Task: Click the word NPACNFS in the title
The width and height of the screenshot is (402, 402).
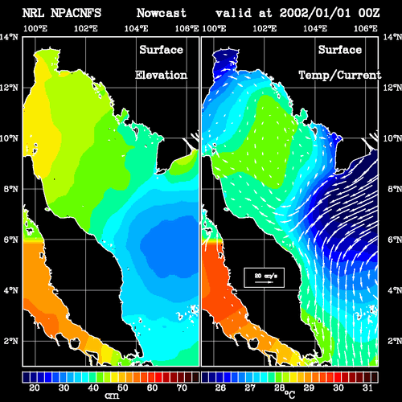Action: (x=76, y=13)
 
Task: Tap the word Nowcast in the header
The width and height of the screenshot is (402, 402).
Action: (x=162, y=13)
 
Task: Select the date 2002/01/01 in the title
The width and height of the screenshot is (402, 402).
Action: (x=315, y=13)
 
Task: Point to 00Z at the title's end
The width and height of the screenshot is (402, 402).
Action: (x=369, y=13)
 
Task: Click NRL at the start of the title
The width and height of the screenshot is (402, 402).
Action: (x=33, y=13)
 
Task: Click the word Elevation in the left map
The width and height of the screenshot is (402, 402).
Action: (x=161, y=75)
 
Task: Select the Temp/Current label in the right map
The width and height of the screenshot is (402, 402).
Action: (x=340, y=76)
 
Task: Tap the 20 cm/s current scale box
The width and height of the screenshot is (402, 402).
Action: (x=264, y=277)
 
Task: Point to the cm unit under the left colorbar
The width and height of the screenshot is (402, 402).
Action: (x=112, y=396)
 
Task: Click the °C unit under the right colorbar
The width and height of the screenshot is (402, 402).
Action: (x=289, y=395)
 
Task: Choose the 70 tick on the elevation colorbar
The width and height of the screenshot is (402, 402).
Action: (x=182, y=388)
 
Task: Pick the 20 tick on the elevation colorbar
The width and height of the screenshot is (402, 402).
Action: (x=35, y=388)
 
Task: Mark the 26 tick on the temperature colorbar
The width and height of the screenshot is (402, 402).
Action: (x=220, y=388)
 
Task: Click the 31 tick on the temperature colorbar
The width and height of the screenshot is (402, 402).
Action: (x=367, y=388)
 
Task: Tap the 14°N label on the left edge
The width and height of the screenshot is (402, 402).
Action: (x=9, y=37)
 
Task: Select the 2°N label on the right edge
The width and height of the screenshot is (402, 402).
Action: (x=395, y=341)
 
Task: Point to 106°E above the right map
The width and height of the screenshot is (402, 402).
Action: (x=366, y=28)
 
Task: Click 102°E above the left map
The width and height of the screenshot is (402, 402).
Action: (x=86, y=28)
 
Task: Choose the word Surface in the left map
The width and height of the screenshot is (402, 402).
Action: (x=161, y=50)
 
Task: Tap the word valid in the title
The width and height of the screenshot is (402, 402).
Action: (x=234, y=13)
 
